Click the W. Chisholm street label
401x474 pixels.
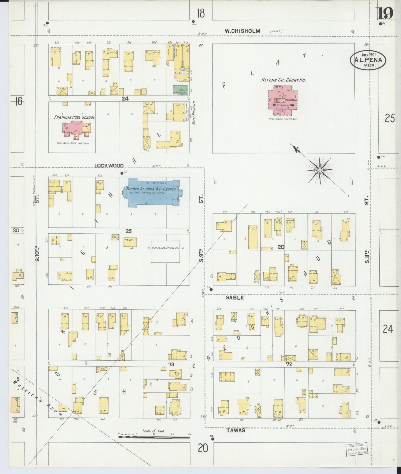242,31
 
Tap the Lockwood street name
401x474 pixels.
109,165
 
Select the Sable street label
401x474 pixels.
235,297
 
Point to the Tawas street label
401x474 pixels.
236,430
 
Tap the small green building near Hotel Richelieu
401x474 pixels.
180,90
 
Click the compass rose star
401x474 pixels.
320,170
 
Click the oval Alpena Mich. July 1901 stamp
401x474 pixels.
368,60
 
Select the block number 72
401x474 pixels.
289,364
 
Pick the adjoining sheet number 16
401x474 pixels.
18,101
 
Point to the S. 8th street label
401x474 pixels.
367,256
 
